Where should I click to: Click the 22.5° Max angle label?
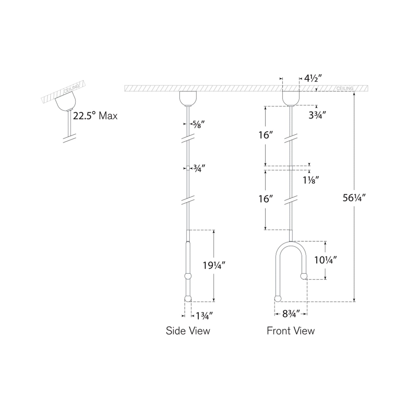[x=95, y=116]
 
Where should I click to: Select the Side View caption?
[x=188, y=331]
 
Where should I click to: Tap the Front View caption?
[x=291, y=331]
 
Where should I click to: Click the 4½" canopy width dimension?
[x=313, y=78]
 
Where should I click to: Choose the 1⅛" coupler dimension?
[x=311, y=180]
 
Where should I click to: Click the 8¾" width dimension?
[x=291, y=314]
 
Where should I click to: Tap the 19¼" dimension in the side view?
[x=214, y=265]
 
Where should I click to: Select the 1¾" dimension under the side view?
[x=202, y=316]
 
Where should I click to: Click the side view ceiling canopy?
[x=188, y=98]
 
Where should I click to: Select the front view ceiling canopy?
[x=291, y=98]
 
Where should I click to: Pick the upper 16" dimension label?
[x=265, y=135]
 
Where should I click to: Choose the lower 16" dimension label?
[x=265, y=199]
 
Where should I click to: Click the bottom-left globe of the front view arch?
[x=278, y=299]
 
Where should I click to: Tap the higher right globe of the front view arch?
[x=304, y=276]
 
